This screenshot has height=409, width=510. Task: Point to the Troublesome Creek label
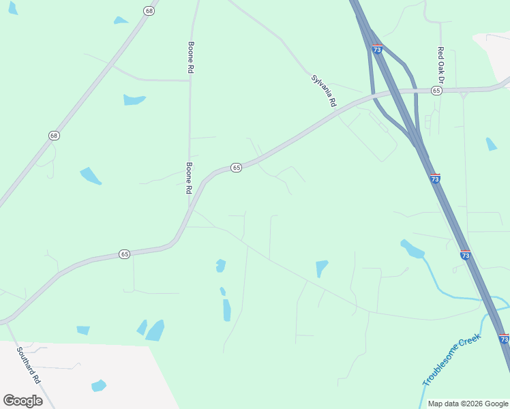tap(451, 360)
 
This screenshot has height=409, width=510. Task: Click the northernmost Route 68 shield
tap(149, 10)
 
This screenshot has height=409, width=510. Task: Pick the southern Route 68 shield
tap(54, 136)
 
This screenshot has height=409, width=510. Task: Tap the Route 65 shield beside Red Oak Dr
tap(436, 91)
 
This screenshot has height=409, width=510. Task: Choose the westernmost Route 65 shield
tap(124, 254)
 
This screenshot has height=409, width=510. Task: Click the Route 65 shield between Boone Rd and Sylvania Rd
tap(236, 168)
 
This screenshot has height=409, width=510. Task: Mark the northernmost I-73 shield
tap(377, 50)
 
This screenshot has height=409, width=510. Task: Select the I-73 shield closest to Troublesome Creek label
tap(504, 338)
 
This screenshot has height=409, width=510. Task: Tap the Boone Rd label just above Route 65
tap(189, 178)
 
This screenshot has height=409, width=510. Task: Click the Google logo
tap(22, 400)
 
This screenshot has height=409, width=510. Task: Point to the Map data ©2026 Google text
tap(468, 404)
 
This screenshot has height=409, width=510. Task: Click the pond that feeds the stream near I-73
tap(412, 249)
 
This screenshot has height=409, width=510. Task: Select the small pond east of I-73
tap(492, 144)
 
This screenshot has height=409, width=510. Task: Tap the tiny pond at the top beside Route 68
tap(121, 20)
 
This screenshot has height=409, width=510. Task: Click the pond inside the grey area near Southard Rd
tap(99, 385)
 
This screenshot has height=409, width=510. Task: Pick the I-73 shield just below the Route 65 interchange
tap(435, 179)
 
